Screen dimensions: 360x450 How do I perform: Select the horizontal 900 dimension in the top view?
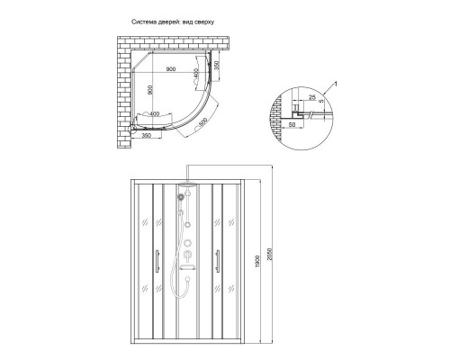tap(169, 68)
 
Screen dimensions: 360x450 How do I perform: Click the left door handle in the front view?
tap(158, 260)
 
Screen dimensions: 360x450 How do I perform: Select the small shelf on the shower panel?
tap(188, 266)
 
